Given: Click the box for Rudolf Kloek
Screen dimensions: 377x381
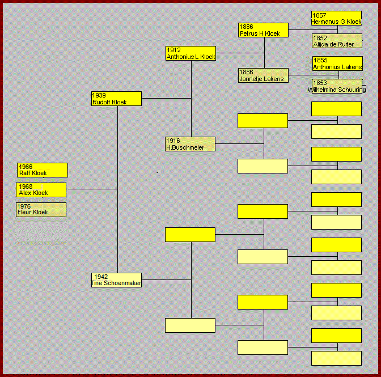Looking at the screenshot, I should click(116, 99).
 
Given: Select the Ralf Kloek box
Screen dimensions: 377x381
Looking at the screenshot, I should click(43, 170).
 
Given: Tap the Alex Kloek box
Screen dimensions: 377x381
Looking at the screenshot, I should click(41, 190).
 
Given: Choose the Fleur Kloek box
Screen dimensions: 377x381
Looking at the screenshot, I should click(41, 210).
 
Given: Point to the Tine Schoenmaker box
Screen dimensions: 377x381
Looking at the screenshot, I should click(116, 280).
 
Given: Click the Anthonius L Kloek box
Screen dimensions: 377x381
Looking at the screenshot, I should click(190, 53).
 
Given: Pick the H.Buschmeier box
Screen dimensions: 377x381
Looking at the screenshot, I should click(190, 144).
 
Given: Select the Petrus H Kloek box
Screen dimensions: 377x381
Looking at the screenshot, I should click(263, 30).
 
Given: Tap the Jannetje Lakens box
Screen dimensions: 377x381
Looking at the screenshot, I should click(263, 75).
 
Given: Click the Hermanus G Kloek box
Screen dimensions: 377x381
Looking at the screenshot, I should click(336, 18).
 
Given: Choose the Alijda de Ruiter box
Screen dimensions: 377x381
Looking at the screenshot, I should click(336, 41).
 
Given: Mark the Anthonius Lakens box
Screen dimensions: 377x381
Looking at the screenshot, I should click(337, 63).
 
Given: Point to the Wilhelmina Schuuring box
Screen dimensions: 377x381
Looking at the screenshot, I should click(337, 86).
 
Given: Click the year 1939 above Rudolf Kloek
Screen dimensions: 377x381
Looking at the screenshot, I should click(99, 95).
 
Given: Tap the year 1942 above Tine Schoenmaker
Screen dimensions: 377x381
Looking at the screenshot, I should click(101, 277).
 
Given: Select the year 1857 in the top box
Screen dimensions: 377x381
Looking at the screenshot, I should click(319, 15).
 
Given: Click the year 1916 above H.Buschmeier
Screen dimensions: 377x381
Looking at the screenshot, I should click(173, 141).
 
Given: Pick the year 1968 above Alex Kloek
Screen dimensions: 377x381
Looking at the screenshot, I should click(26, 187).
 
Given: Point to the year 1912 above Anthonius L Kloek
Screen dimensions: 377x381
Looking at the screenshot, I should click(173, 50).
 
